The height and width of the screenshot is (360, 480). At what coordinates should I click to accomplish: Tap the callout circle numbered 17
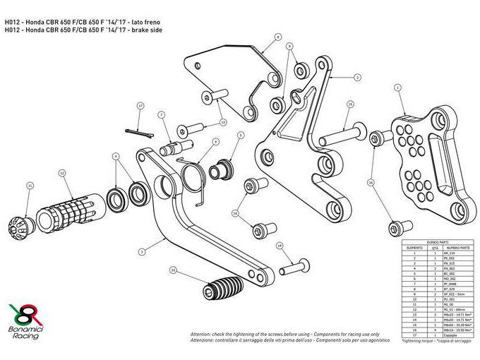(x=140, y=106)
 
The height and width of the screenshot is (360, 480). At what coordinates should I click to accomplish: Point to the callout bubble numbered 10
(x=174, y=270)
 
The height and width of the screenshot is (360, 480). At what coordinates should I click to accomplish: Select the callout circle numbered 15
(x=350, y=104)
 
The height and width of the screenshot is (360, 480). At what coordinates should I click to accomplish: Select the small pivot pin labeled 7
(x=176, y=149)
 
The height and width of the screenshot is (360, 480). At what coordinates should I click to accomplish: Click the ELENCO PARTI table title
(x=431, y=242)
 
